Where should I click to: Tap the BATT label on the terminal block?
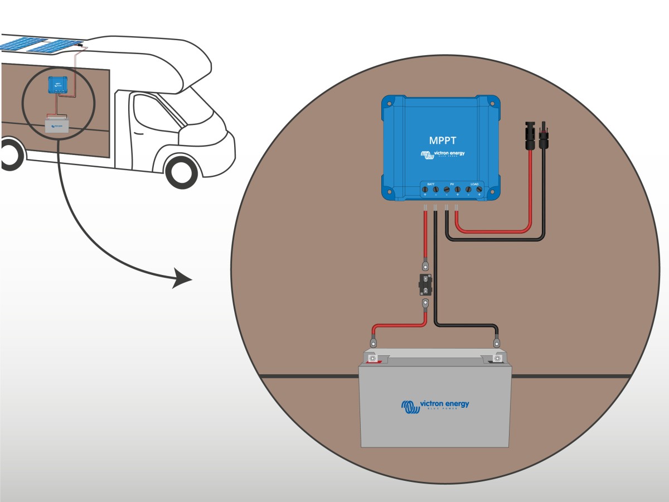(430, 184)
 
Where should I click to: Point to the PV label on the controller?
(452, 184)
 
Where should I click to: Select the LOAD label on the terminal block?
(474, 184)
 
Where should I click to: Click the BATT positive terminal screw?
(425, 190)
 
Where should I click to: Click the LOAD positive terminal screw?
(479, 190)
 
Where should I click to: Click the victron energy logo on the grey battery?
(435, 406)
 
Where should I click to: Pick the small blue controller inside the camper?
(57, 84)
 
